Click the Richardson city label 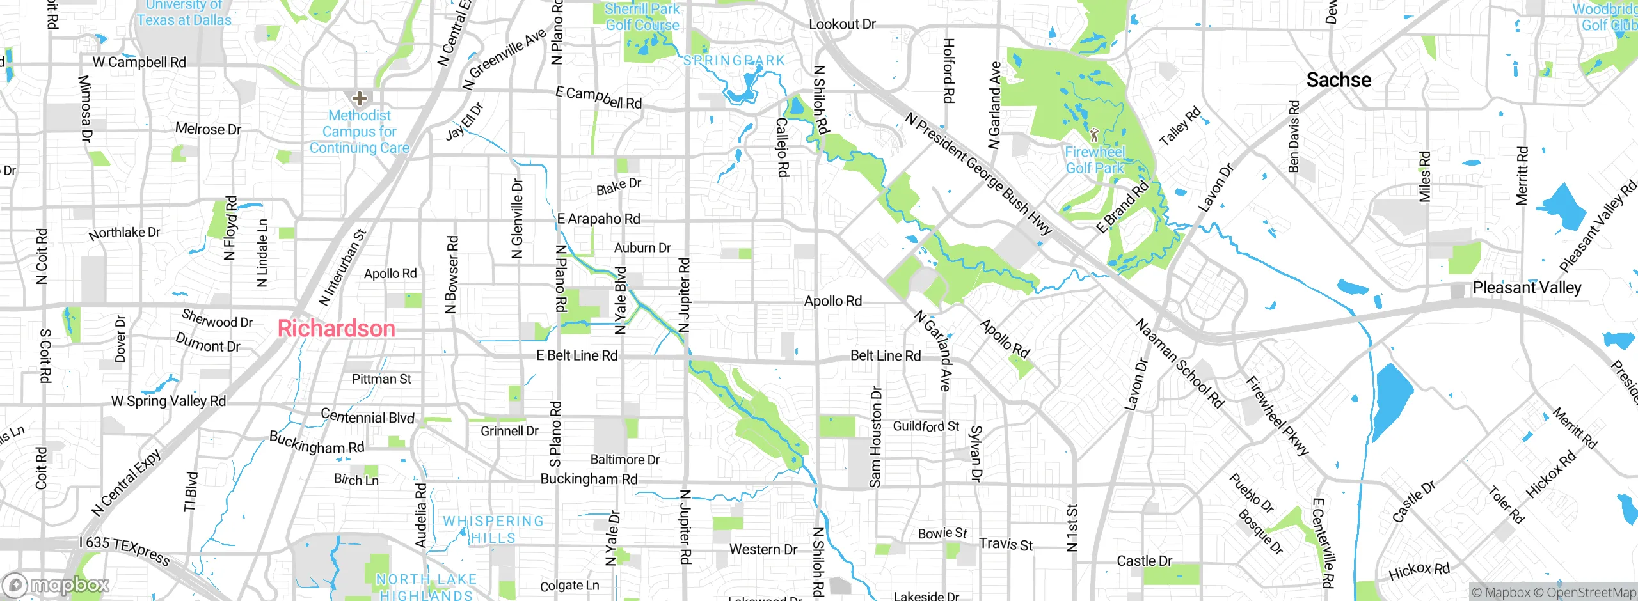coord(337,329)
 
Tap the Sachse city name coord(1339,80)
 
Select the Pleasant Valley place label coord(1527,288)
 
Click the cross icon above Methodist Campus coord(360,98)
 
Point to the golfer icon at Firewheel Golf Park coord(1094,135)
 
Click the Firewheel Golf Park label coord(1095,160)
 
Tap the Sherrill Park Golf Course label coord(642,17)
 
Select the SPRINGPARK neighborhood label coord(734,61)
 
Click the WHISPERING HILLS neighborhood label coord(493,529)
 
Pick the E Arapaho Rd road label coord(598,219)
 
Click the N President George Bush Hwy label coord(979,174)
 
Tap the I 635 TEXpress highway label coord(125,550)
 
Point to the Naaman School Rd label coord(1179,363)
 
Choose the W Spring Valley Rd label coord(168,401)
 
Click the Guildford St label coord(926,426)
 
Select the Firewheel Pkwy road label coord(1277,416)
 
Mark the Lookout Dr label coord(842,24)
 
